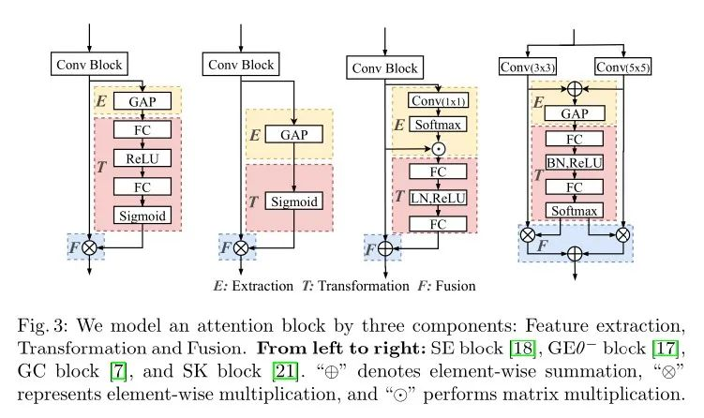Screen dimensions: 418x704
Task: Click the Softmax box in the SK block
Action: click(x=573, y=211)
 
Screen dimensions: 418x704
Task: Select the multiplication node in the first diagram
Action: click(x=91, y=248)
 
